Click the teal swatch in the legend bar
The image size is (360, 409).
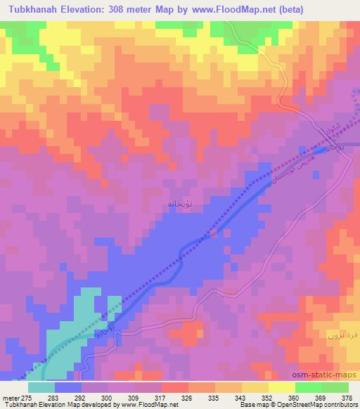[41, 387]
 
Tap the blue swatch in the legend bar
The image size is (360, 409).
[68, 387]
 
